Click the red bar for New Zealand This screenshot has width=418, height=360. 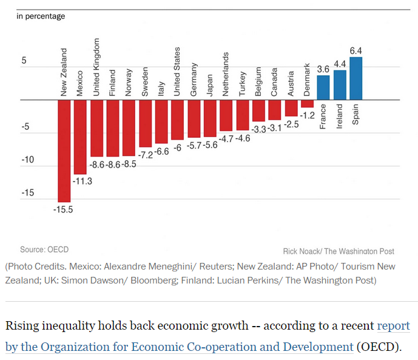(64, 150)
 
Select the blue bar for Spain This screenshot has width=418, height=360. (356, 78)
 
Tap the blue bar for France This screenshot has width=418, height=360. (323, 87)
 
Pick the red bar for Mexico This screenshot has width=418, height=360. (80, 137)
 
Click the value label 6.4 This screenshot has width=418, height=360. (356, 50)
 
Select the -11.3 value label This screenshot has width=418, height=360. (81, 180)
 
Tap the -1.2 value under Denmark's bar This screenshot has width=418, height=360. (308, 114)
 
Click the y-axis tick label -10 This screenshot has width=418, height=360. (29, 160)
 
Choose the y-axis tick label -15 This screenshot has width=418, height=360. (29, 193)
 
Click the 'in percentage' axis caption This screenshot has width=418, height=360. (41, 16)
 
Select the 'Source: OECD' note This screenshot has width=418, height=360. (44, 250)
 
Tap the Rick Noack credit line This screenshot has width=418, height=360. (339, 251)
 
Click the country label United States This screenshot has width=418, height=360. (177, 72)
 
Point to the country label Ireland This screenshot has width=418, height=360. (340, 115)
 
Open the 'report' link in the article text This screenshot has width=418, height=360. (393, 326)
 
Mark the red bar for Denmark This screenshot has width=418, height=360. (307, 103)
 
